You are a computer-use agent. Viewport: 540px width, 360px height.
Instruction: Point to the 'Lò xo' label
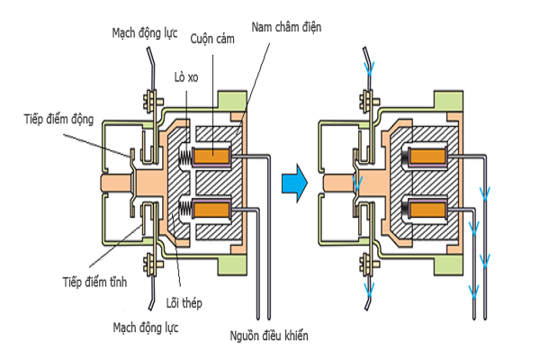[x=185, y=78]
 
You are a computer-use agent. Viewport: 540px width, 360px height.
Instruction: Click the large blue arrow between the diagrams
[x=292, y=184]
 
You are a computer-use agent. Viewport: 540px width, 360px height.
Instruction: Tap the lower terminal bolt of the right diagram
[x=367, y=265]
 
